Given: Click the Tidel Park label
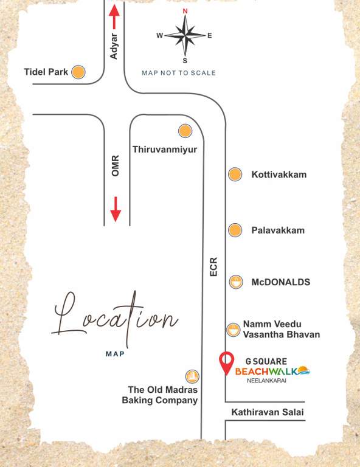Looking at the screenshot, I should pos(46,72).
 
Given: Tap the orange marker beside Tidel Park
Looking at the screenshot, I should pos(78,72).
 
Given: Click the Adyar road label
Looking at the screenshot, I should pos(114,46).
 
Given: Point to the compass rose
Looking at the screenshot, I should pos(185,35).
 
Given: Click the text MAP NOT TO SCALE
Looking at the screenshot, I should pos(179,73).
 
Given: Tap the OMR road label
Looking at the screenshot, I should pos(116,166).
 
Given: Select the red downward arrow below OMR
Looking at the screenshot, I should pos(116,209).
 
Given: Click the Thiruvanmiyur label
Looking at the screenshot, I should pos(165,149).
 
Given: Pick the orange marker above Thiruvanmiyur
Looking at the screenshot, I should pos(185,131).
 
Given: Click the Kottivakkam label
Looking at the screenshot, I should pos(279,175).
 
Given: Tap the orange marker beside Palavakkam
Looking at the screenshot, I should pos(235,230).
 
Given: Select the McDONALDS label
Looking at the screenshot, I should pos(280,282).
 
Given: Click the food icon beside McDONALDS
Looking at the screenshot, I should pos(235,282).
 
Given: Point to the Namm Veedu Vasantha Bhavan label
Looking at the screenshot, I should pos(281,329).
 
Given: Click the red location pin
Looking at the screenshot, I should pos(226,362).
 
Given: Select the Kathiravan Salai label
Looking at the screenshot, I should pos(267,413).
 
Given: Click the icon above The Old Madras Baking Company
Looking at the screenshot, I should pos(192,376).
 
